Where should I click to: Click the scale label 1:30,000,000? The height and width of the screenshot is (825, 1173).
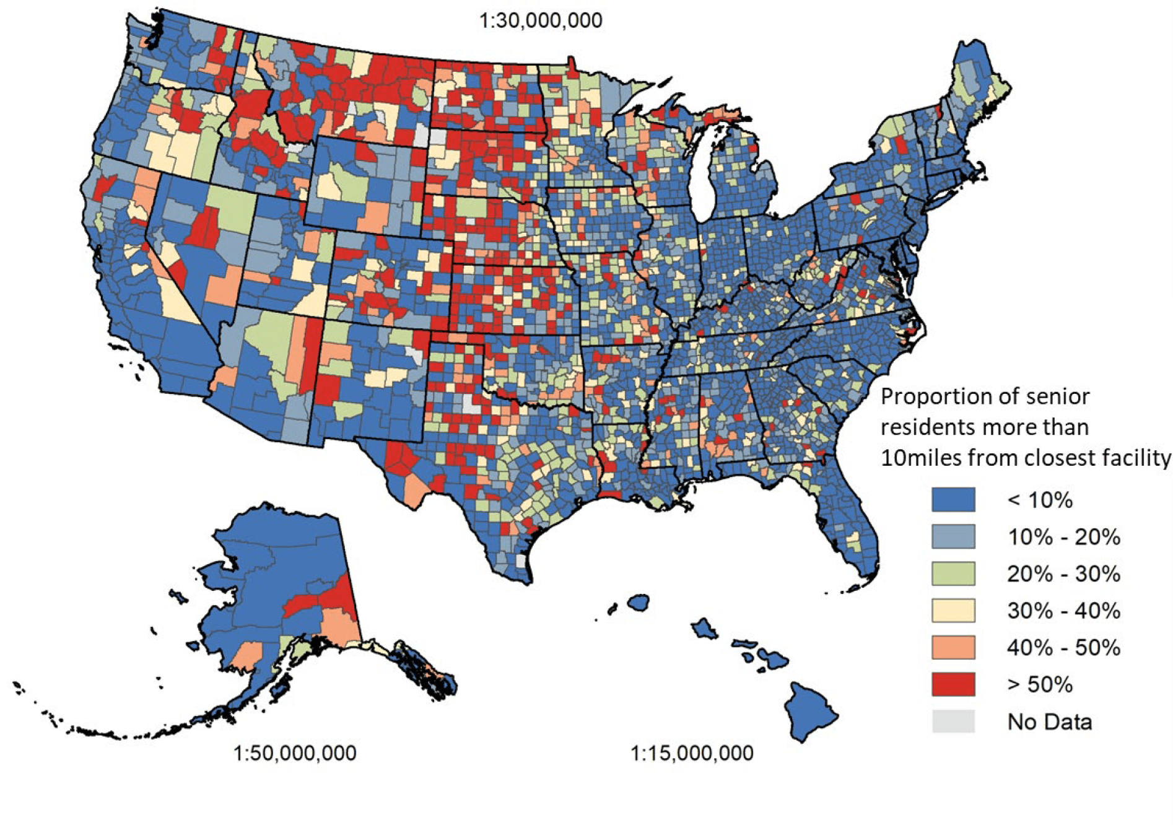coord(540,20)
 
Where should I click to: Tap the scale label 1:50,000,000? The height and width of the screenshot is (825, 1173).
coord(295,753)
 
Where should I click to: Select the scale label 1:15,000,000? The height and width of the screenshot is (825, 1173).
coord(692,753)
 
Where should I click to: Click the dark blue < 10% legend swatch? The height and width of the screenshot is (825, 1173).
coord(953,500)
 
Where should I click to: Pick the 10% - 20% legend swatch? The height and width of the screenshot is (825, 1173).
coord(953,536)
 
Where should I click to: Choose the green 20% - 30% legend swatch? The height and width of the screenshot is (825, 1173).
coord(953,574)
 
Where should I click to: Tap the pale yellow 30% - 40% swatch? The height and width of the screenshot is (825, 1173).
coord(953,611)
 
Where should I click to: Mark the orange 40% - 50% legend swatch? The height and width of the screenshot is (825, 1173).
coord(953,648)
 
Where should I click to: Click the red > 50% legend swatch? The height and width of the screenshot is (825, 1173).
coord(953,684)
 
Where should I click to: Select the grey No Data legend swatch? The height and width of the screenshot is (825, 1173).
coord(953,722)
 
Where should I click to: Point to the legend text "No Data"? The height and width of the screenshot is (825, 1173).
coord(1049,722)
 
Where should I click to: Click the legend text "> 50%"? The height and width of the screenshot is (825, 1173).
coord(1040,685)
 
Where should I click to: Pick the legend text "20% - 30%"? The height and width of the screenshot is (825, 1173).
coord(1063,574)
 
